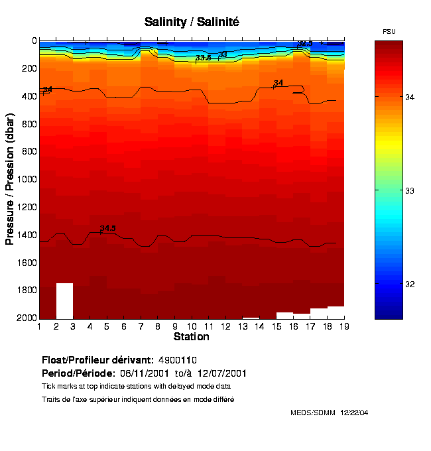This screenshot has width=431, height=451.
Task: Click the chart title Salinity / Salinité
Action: [192, 22]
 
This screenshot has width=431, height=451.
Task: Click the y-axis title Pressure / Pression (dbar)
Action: [10, 179]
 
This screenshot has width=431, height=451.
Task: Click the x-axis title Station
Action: [191, 337]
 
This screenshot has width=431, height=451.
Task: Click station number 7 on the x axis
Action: [141, 326]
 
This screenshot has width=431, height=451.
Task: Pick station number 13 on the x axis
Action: [242, 326]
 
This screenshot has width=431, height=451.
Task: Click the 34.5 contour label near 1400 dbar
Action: [107, 228]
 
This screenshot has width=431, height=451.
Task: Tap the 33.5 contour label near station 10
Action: [203, 58]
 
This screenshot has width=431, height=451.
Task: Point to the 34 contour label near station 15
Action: [278, 83]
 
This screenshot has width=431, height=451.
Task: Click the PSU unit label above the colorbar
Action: [390, 31]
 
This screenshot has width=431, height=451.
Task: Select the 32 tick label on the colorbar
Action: [420, 285]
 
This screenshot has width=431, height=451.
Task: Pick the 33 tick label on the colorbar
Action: [420, 191]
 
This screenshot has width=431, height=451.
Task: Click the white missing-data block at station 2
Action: [64, 300]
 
